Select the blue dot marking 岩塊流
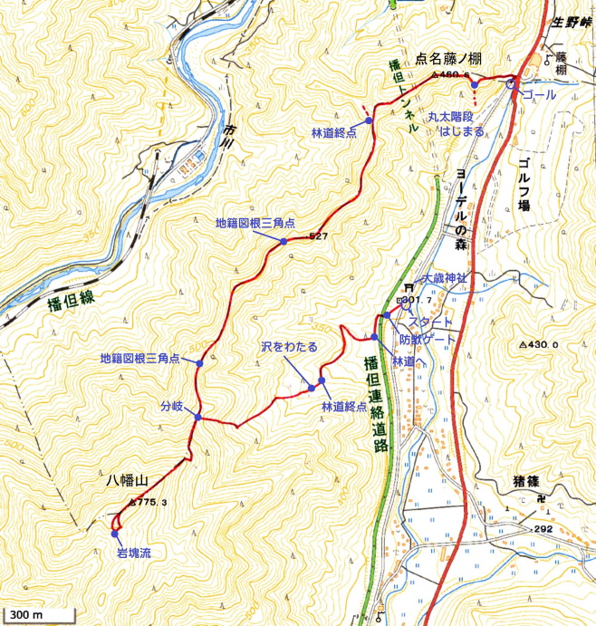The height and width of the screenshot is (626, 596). pyautogui.click(x=113, y=534)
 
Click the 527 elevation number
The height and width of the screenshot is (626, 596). pyautogui.click(x=317, y=236)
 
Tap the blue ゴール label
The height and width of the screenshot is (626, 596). pyautogui.click(x=541, y=94)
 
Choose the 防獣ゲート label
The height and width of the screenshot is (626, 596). pyautogui.click(x=429, y=340)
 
